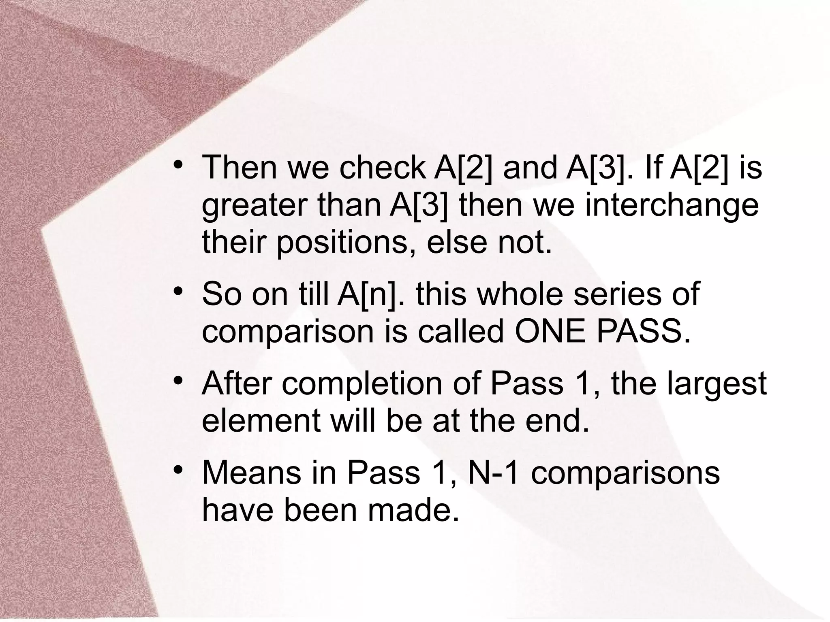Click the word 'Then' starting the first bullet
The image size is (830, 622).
240,168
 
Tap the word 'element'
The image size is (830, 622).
261,421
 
